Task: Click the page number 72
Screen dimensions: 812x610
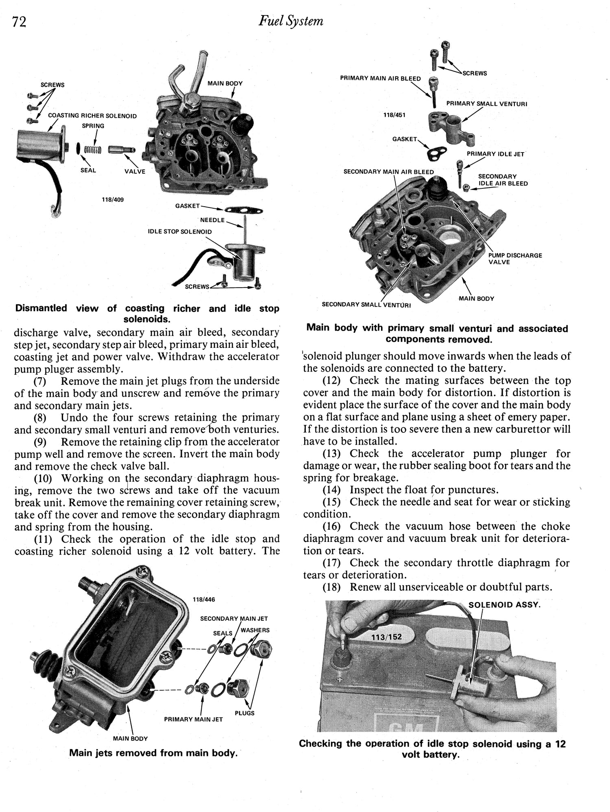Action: [19, 22]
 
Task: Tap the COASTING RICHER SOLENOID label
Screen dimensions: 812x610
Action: [92, 116]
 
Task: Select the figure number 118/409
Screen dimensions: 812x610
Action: [113, 200]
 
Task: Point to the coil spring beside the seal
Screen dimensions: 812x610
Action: [92, 151]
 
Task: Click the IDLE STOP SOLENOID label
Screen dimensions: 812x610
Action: [179, 232]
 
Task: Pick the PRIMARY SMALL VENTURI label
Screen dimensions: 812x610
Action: [486, 104]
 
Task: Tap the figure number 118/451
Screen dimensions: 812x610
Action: [394, 115]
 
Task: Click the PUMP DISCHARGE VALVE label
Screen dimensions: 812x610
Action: [515, 259]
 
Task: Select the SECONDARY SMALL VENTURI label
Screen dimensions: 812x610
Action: [366, 305]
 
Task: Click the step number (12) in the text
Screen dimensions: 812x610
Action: [333, 381]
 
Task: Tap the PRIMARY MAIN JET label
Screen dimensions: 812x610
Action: [193, 719]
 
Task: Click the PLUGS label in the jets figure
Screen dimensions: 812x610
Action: [244, 713]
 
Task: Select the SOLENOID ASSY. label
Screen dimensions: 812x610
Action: [504, 605]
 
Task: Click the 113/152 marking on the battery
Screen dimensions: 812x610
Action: [386, 637]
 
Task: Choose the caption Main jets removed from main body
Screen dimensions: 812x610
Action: [153, 753]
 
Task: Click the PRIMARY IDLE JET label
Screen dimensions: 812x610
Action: [495, 154]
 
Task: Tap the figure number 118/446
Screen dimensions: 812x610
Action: [204, 599]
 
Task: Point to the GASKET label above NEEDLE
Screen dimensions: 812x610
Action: [187, 206]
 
